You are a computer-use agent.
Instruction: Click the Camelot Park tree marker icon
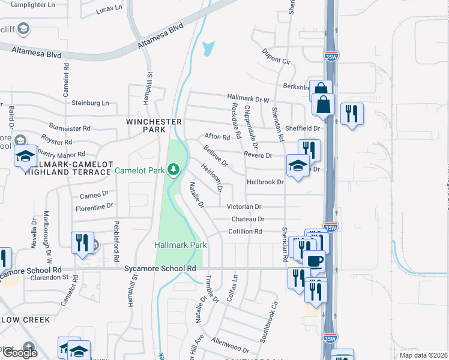[x=173, y=170]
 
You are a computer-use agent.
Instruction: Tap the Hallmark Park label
[x=180, y=245]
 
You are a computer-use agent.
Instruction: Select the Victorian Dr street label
[x=244, y=206]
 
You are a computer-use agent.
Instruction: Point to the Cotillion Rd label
[x=245, y=231]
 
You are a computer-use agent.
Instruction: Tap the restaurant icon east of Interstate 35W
[x=351, y=113]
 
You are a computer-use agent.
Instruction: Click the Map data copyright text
[x=423, y=355]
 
